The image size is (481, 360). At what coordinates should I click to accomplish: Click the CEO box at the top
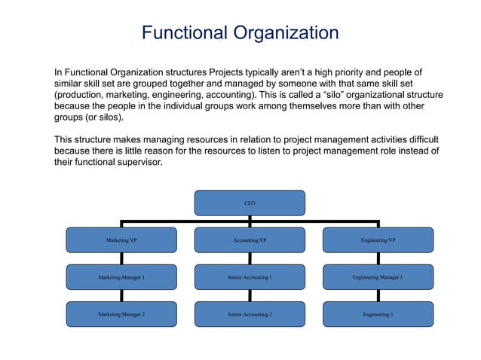[x=250, y=203]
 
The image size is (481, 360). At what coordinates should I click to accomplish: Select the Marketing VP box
[x=121, y=240]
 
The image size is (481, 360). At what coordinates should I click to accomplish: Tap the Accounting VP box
[x=250, y=240]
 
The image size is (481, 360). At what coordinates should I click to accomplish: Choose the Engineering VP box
[x=378, y=240]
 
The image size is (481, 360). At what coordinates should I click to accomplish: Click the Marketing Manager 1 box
[x=121, y=277]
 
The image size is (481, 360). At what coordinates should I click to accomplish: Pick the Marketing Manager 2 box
[x=121, y=314]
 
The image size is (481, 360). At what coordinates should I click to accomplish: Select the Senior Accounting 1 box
[x=250, y=277]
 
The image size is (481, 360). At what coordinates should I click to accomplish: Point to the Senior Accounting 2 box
[x=250, y=314]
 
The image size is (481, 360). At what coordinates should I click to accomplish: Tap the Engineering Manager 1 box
[x=378, y=277]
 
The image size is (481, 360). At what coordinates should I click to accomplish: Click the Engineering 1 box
[x=378, y=314]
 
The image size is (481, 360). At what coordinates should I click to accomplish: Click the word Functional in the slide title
[x=184, y=34]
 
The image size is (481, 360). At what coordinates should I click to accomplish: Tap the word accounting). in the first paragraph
[x=237, y=96]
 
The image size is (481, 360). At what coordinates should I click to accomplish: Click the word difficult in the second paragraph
[x=420, y=140]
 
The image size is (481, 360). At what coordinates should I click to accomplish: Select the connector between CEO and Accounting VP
[x=250, y=221]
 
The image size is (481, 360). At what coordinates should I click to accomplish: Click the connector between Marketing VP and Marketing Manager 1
[x=121, y=258]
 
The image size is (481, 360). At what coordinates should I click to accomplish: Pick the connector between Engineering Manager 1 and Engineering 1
[x=378, y=295]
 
